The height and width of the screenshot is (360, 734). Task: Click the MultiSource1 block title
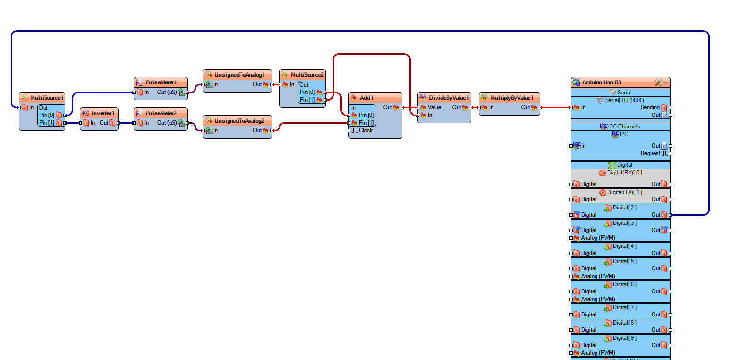tap(46, 98)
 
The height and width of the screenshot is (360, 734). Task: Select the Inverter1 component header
tap(103, 113)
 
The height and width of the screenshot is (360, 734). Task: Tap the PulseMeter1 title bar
tap(161, 82)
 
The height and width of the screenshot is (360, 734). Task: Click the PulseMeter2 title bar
tap(161, 113)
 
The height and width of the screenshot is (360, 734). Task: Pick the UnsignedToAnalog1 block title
tap(239, 75)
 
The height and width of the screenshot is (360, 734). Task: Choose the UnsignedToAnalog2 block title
tap(239, 121)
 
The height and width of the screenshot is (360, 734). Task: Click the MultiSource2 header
tap(307, 75)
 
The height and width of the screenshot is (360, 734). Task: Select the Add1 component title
tap(366, 98)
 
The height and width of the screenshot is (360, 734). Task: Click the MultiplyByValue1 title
tap(511, 98)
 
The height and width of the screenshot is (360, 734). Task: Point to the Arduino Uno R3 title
tap(601, 82)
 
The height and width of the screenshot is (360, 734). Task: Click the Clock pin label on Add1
tap(366, 130)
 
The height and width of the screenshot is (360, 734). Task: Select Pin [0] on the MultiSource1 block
tap(46, 115)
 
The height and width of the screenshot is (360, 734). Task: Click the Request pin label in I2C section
tap(650, 153)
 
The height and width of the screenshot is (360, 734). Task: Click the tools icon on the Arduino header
tap(658, 82)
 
